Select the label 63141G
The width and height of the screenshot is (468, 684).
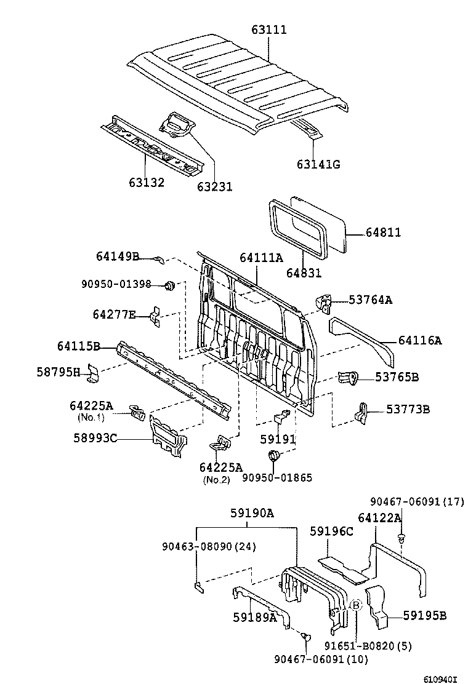pos(318,164)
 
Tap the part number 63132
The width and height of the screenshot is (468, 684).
pos(147,183)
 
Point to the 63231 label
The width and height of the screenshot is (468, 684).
pos(215,186)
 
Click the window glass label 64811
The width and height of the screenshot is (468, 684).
pos(383,233)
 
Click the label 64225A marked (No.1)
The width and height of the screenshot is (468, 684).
pos(91,405)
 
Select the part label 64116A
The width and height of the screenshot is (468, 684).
pos(420,340)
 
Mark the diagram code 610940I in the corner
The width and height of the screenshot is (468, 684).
pos(440,678)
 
